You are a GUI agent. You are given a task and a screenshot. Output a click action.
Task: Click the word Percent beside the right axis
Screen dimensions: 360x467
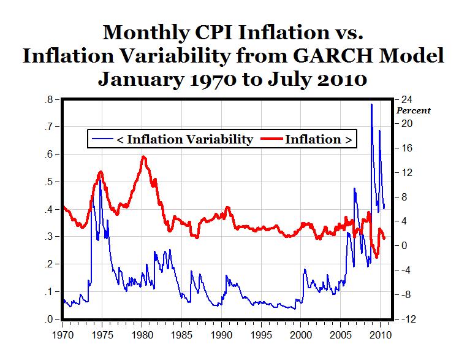coord(413,111)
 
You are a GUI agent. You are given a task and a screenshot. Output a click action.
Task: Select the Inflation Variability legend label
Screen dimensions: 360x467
coord(184,139)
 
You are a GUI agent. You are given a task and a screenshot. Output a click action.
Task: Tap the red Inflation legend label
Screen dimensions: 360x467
coord(319,139)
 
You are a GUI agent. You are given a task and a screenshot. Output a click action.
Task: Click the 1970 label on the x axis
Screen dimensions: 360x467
coord(62,335)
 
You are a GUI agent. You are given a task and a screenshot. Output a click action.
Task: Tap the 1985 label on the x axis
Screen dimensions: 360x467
coord(181,335)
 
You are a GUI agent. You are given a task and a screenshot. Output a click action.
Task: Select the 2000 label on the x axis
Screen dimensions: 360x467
coord(301,335)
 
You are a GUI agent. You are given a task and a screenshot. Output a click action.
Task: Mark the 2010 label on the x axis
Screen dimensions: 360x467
coord(381,335)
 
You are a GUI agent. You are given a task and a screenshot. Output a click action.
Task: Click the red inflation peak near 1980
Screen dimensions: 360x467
coord(143,157)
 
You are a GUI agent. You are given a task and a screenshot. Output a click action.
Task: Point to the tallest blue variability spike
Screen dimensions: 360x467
coord(371,105)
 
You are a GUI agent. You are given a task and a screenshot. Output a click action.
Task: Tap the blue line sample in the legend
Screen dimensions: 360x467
coord(102,139)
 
